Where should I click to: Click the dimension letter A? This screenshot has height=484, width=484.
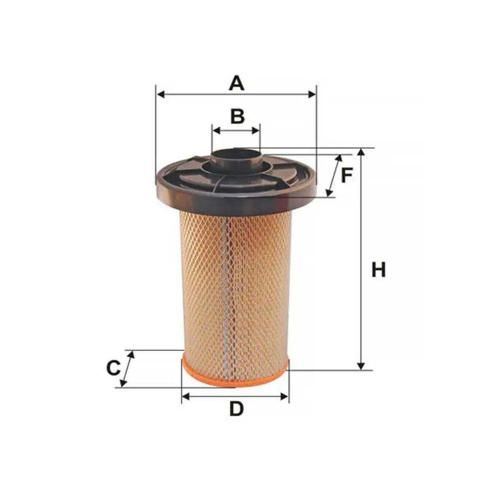tap(237, 83)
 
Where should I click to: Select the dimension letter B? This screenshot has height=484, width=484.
tap(237, 116)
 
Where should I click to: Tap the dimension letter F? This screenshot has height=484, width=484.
tap(347, 175)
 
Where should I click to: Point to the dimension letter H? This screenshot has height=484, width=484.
tap(379, 269)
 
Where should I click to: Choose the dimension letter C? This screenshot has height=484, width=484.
tap(113, 368)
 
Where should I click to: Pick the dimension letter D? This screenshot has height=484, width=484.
tap(237, 409)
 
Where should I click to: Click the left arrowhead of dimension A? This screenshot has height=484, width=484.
tap(160, 94)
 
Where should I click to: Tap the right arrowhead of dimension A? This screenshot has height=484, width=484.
tap(312, 94)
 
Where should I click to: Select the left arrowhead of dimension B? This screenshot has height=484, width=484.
tap(217, 130)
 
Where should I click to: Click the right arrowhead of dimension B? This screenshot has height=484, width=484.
tap(256, 130)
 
